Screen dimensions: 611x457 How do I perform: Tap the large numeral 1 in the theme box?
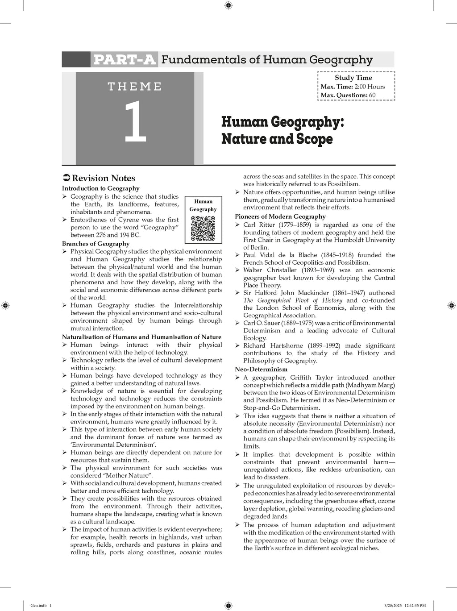[135, 122]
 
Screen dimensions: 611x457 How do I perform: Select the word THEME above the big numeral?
[135, 87]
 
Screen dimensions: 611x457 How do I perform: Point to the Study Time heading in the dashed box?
[353, 78]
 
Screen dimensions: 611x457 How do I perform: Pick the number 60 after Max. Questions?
[372, 95]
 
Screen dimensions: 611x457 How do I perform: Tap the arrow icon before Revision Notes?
[66, 178]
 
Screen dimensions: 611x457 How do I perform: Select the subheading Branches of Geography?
[96, 244]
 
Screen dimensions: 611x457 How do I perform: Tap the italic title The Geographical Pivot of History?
[293, 300]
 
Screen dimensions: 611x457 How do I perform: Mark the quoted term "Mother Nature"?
[142, 475]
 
